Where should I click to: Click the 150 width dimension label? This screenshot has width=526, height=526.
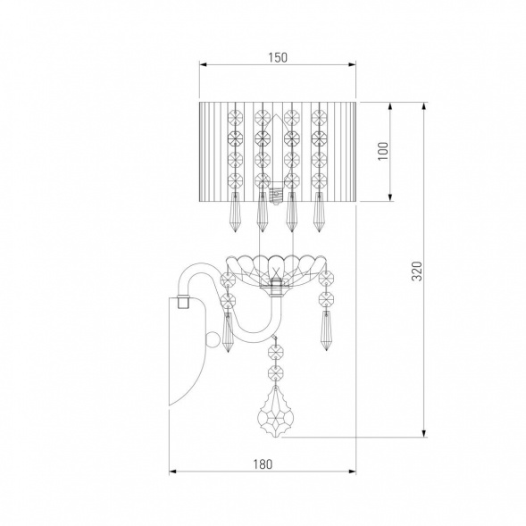click(x=278, y=58)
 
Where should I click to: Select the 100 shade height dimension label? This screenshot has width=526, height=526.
click(x=383, y=151)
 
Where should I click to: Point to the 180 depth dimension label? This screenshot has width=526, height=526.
click(x=263, y=464)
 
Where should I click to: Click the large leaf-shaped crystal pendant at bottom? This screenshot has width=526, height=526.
click(x=276, y=412)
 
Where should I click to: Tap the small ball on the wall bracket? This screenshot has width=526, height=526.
click(x=211, y=340)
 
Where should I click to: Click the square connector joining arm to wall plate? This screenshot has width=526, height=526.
click(x=183, y=302)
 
